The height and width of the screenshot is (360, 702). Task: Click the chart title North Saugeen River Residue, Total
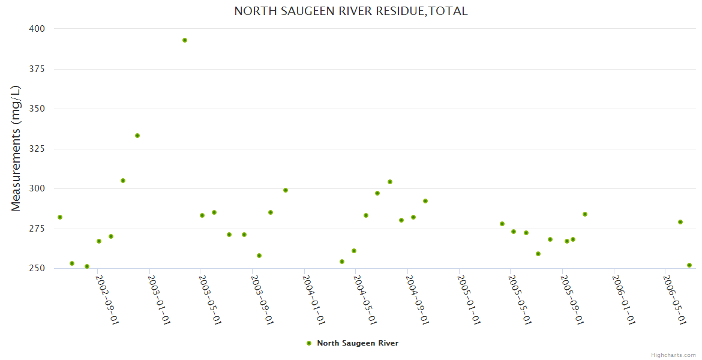pyautogui.click(x=350, y=11)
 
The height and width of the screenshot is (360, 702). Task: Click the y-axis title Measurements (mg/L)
pyautogui.click(x=16, y=148)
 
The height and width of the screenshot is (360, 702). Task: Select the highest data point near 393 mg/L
pyautogui.click(x=185, y=40)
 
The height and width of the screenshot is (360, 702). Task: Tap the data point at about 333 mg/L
pyautogui.click(x=137, y=136)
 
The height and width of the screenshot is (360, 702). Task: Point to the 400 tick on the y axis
pyautogui.click(x=37, y=29)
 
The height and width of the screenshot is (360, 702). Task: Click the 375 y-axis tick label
pyautogui.click(x=37, y=69)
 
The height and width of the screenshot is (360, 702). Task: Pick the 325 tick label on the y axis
pyautogui.click(x=37, y=149)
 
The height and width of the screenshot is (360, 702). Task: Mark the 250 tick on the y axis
pyautogui.click(x=37, y=268)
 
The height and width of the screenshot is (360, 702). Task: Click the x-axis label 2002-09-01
pyautogui.click(x=107, y=299)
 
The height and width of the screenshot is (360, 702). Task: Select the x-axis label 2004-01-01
pyautogui.click(x=314, y=299)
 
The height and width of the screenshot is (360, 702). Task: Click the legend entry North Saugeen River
pyautogui.click(x=357, y=343)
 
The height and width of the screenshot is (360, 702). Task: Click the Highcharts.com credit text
pyautogui.click(x=673, y=355)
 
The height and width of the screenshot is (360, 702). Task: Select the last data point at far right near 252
pyautogui.click(x=689, y=265)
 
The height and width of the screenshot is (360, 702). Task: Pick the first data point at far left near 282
pyautogui.click(x=60, y=217)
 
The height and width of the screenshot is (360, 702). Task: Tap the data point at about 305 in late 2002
pyautogui.click(x=123, y=181)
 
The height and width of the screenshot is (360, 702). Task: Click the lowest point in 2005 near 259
pyautogui.click(x=538, y=254)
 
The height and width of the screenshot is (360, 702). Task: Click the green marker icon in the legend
pyautogui.click(x=309, y=343)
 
